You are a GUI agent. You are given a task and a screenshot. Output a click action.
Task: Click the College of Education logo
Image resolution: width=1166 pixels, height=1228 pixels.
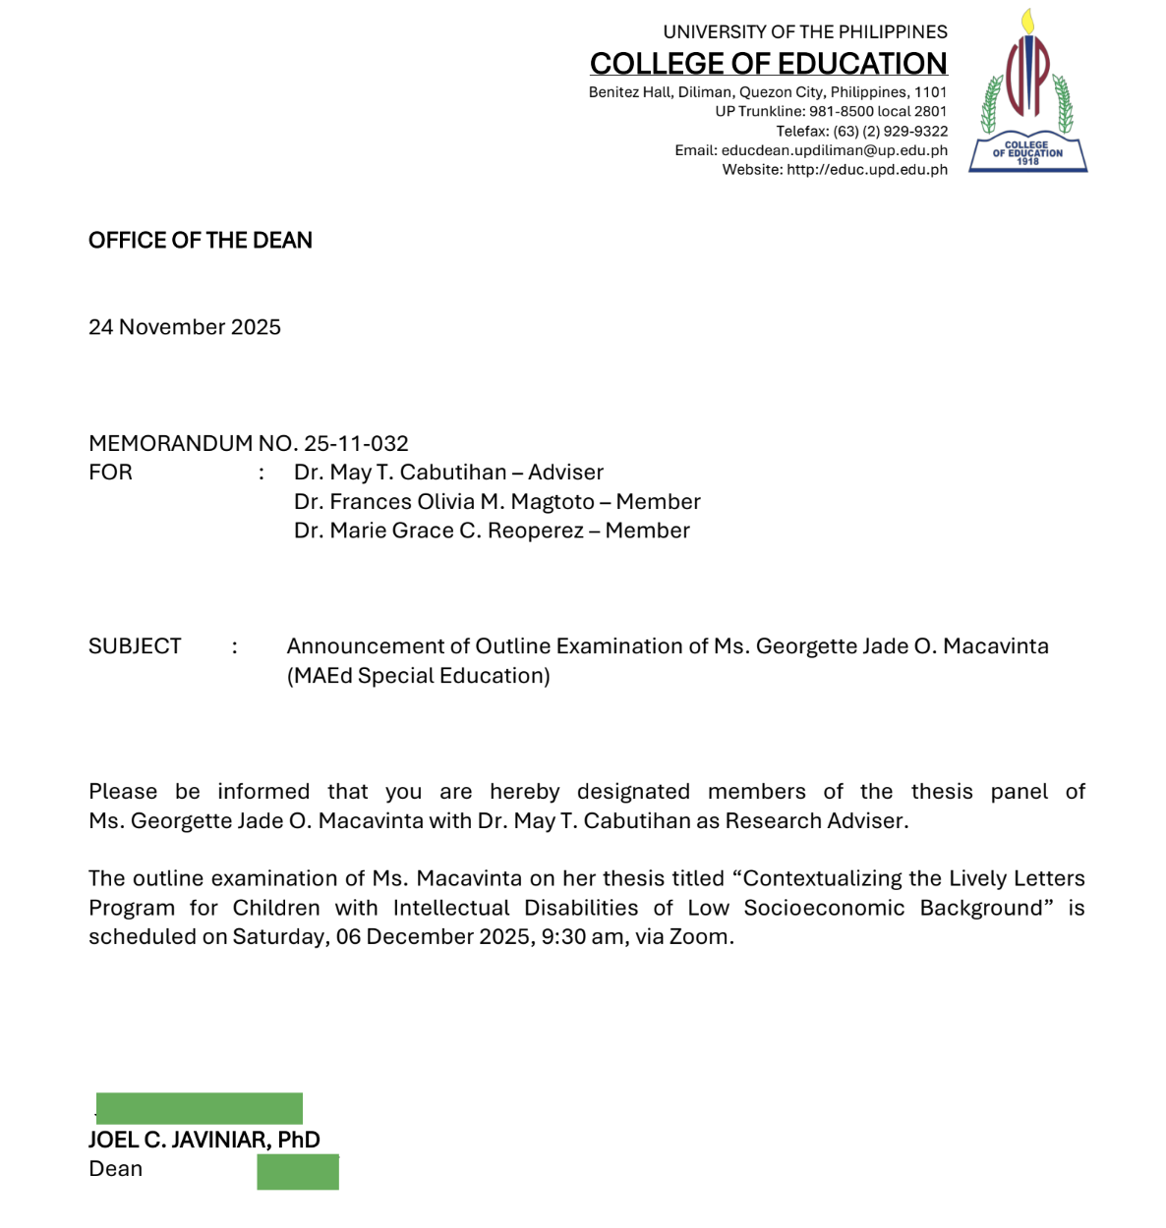pyautogui.click(x=1027, y=91)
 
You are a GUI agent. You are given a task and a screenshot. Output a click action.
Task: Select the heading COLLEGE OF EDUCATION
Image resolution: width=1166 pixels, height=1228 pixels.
pyautogui.click(x=768, y=64)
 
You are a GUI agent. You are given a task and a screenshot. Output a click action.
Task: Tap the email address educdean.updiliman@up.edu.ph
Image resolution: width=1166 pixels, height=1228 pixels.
pyautogui.click(x=834, y=150)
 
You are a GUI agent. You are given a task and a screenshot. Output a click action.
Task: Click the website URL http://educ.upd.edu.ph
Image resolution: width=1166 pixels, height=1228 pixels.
pyautogui.click(x=866, y=170)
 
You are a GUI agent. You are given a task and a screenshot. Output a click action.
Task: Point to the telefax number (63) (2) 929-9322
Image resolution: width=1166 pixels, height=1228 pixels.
pyautogui.click(x=890, y=131)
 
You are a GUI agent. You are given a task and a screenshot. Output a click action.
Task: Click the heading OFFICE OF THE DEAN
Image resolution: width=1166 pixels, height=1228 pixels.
pyautogui.click(x=201, y=241)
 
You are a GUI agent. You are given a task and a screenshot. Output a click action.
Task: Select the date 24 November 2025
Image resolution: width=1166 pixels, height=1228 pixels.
pyautogui.click(x=185, y=327)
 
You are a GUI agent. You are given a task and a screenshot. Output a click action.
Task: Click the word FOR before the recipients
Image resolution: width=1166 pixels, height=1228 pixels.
pyautogui.click(x=110, y=473)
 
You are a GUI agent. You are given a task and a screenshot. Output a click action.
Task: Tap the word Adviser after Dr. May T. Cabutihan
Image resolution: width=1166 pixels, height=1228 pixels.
pyautogui.click(x=565, y=473)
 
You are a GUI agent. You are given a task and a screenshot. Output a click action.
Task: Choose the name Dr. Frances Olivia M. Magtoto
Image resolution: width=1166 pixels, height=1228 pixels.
pyautogui.click(x=444, y=502)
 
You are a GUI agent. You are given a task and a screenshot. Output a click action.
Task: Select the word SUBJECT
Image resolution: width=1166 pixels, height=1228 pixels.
pyautogui.click(x=135, y=646)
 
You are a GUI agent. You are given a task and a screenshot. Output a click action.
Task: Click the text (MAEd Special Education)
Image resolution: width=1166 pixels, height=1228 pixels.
pyautogui.click(x=419, y=676)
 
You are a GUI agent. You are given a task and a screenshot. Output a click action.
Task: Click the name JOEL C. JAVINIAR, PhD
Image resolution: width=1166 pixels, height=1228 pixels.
pyautogui.click(x=204, y=1140)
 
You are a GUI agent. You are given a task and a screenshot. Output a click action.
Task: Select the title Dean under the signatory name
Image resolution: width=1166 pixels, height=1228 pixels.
pyautogui.click(x=116, y=1169)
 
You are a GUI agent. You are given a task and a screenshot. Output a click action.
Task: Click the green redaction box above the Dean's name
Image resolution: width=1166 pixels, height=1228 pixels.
pyautogui.click(x=200, y=1108)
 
